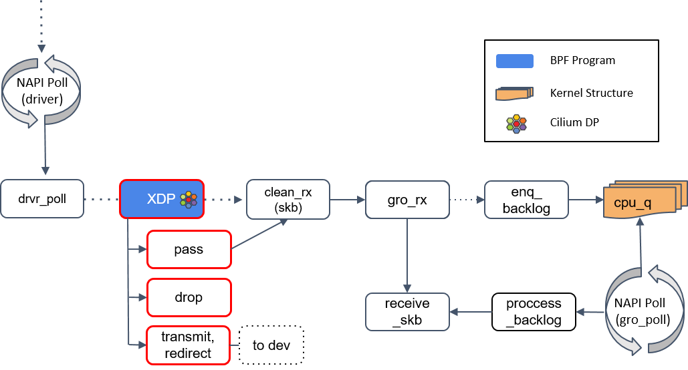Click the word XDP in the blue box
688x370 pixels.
pos(160,199)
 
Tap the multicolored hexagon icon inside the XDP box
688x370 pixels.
pos(189,199)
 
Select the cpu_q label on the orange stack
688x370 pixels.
pos(632,203)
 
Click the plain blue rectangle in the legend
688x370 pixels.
pos(514,61)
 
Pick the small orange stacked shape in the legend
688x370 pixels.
pos(514,94)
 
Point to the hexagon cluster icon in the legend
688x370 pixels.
pos(516,124)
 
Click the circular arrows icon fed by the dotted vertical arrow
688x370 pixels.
pos(41,91)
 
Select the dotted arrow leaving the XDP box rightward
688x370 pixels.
pos(223,199)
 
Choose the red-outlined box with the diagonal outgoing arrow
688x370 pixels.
pos(189,249)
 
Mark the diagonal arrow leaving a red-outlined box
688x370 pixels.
pos(259,234)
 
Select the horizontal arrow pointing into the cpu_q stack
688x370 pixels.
pos(586,199)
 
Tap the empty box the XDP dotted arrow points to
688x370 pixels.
pos(288,199)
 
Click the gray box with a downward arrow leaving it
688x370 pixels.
pos(407,199)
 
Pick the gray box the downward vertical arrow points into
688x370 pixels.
pos(407,312)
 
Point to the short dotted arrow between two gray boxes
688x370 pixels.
pos(467,199)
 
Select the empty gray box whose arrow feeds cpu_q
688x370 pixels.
pos(526,199)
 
